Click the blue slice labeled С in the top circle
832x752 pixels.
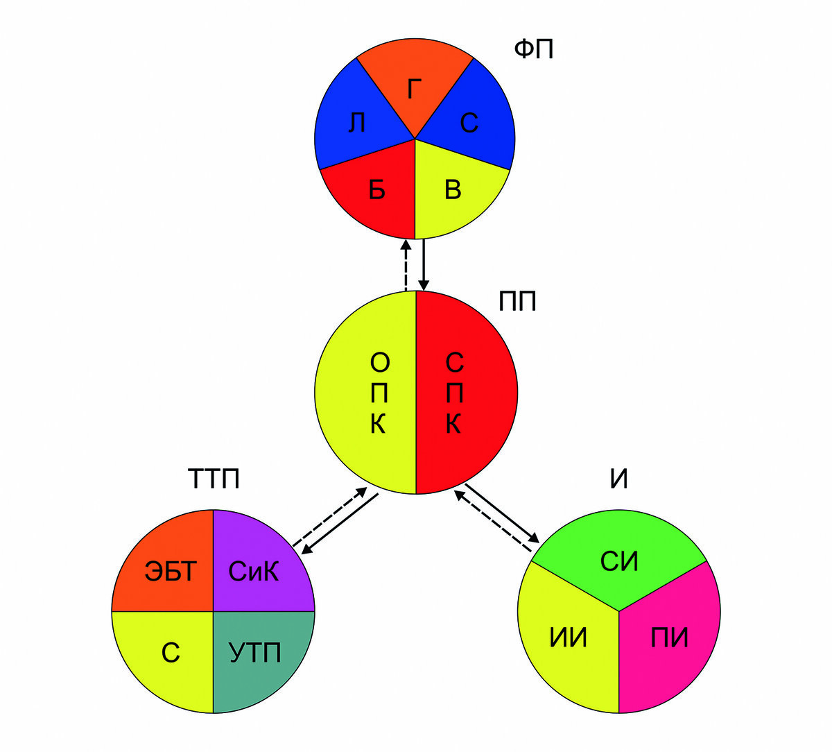coord(469,123)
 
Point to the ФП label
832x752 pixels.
coord(533,49)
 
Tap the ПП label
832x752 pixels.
coord(517,301)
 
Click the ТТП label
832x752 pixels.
coord(214,479)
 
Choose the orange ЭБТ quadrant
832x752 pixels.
coord(171,572)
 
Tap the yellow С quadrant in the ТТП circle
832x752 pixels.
coord(171,653)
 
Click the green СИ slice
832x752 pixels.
coord(618,561)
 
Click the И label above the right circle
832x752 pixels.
coord(618,479)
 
